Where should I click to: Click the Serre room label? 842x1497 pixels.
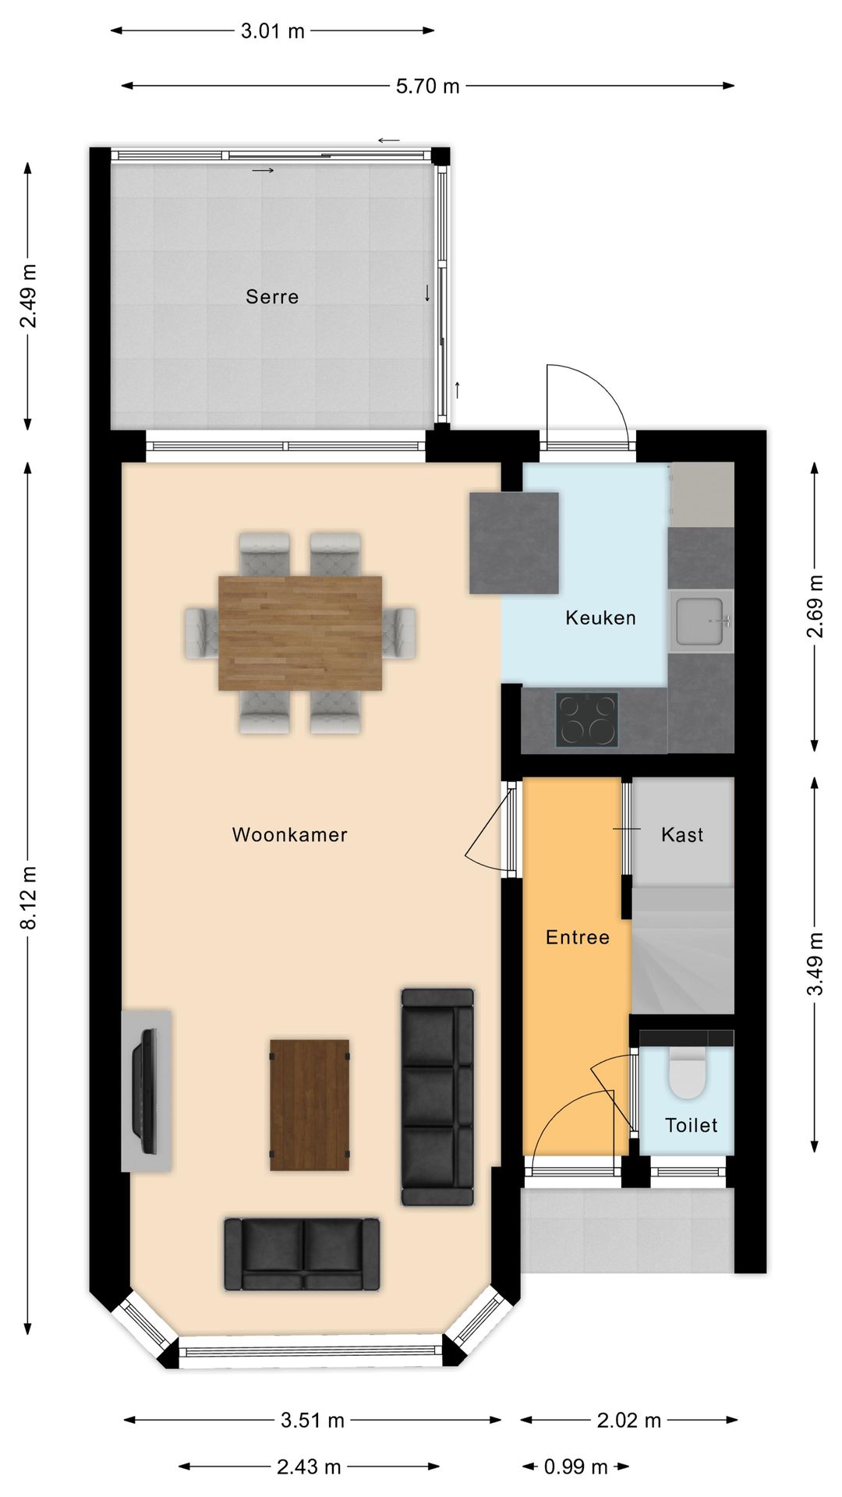click(x=272, y=296)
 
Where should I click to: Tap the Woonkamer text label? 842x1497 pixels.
click(x=289, y=834)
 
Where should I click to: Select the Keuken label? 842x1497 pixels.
click(x=600, y=618)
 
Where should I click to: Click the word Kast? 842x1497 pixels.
click(x=682, y=834)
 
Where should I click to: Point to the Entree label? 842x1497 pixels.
click(x=577, y=937)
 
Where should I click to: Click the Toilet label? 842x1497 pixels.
click(x=691, y=1125)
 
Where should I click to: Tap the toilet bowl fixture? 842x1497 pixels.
click(x=687, y=1074)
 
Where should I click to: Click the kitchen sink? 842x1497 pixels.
click(x=700, y=621)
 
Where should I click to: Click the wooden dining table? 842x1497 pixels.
click(x=300, y=632)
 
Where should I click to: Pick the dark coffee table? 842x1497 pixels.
click(x=310, y=1104)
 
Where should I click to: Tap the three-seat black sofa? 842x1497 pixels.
click(x=437, y=1096)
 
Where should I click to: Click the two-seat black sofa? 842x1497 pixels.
click(x=302, y=1254)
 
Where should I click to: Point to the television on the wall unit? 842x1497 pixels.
click(x=146, y=1092)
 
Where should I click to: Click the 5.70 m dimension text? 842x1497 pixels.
click(x=427, y=86)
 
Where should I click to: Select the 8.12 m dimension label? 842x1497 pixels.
click(x=28, y=897)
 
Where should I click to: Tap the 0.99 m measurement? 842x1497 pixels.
click(x=575, y=1467)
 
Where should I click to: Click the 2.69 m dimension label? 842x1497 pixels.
click(x=814, y=607)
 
